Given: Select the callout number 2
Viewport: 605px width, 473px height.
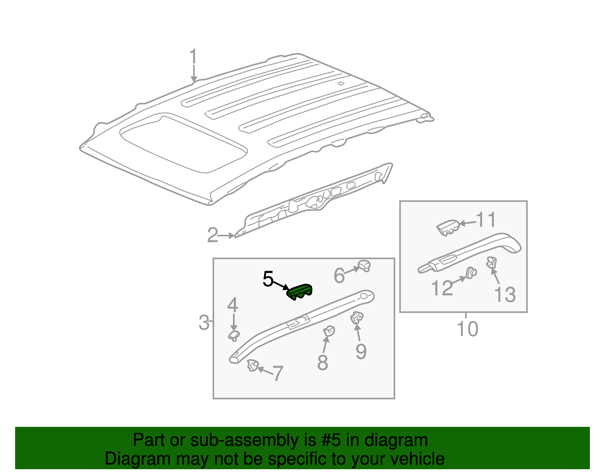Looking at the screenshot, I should (x=213, y=235).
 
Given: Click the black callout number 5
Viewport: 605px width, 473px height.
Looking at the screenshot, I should (x=268, y=279).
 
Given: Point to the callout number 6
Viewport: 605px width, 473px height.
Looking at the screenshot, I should (x=339, y=275).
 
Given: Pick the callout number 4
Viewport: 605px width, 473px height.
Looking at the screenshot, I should (x=233, y=305).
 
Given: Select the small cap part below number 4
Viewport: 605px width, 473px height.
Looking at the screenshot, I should (x=234, y=335).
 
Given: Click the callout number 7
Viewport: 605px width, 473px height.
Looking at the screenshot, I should (x=278, y=374).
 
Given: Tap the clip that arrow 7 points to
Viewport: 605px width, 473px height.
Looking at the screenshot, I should (x=253, y=366).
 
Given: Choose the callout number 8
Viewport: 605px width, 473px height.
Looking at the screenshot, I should (x=323, y=362).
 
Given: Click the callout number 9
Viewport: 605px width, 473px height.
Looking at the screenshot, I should (x=361, y=351).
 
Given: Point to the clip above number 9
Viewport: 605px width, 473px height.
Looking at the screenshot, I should (x=357, y=317).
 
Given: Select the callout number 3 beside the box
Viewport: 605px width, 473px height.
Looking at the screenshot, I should (x=204, y=323).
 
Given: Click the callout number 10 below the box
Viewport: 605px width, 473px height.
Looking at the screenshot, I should (x=467, y=329).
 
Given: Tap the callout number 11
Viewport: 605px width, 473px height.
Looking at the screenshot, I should (x=486, y=220).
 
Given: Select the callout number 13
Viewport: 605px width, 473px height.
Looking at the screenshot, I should (x=505, y=295).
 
